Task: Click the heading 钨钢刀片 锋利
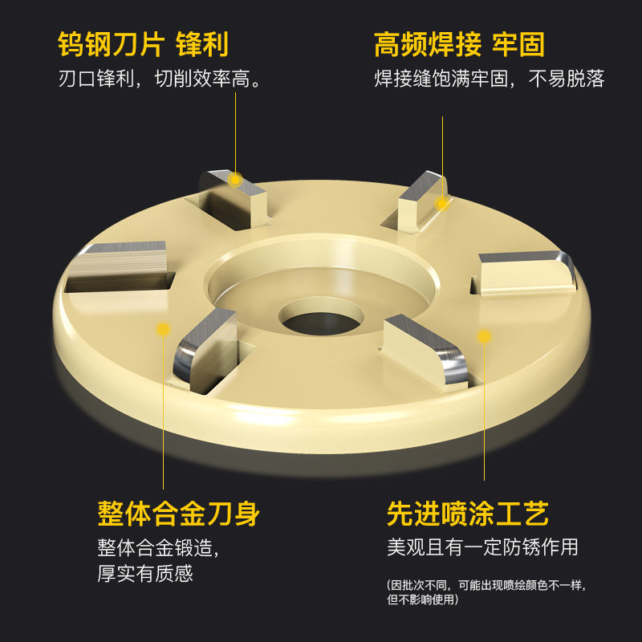coord(143,44)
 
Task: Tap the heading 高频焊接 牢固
coord(459,44)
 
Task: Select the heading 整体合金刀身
coord(178,513)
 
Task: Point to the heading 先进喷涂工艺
coord(468,513)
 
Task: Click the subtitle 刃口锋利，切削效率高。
coord(159,78)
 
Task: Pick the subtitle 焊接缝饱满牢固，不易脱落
coord(490,78)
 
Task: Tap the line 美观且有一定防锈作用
coord(482,547)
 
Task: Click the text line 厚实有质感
coord(145,573)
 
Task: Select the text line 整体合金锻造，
coord(158,547)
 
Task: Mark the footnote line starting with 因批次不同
coord(486,585)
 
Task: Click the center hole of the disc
coord(322,319)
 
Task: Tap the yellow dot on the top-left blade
coord(235,179)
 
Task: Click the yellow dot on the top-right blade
coord(442,203)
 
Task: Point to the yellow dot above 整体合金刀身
coord(163,329)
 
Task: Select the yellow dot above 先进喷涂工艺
coord(484,336)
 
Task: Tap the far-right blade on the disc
coord(527,272)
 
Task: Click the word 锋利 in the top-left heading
coord(202,44)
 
